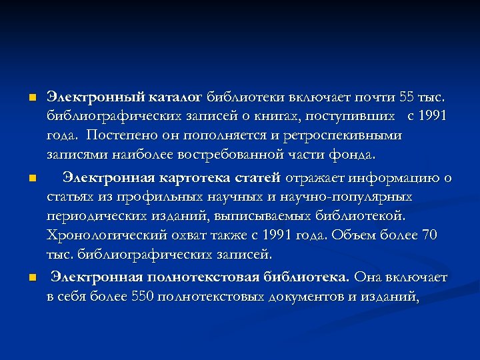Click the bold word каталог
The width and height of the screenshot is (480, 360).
[x=178, y=98]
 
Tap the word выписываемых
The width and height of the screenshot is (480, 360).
[x=256, y=217]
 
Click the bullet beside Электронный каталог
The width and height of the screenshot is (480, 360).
[x=32, y=98]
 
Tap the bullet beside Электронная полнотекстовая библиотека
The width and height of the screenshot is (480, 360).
[x=32, y=277]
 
